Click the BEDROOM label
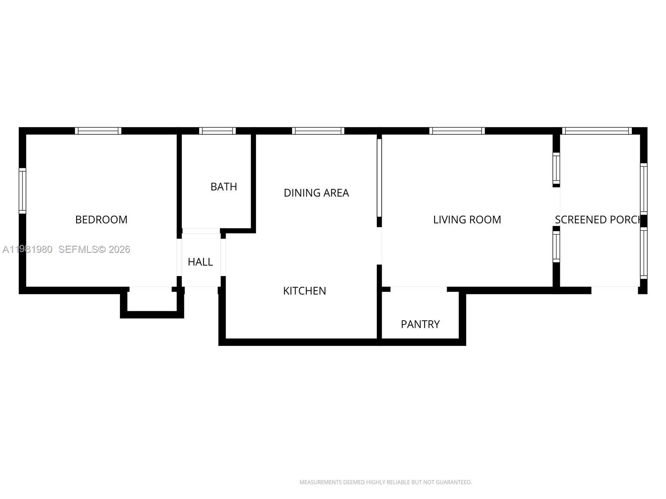[101, 220]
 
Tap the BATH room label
[224, 187]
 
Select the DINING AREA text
[316, 193]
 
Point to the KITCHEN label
[304, 291]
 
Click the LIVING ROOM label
[467, 220]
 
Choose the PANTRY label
[420, 324]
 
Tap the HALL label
[200, 262]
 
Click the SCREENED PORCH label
[597, 220]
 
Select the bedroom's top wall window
[98, 131]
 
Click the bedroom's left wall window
[22, 191]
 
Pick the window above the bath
[217, 131]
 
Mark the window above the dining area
[318, 131]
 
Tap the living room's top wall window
[457, 131]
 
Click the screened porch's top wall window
[597, 131]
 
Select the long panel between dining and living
[379, 178]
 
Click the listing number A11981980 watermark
[27, 249]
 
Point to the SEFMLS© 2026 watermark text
[94, 249]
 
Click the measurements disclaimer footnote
[385, 482]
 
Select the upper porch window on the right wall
[644, 189]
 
